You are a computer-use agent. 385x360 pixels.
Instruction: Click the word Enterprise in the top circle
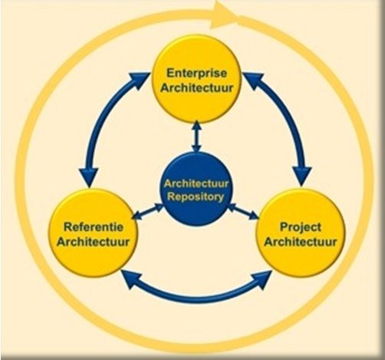point(197,74)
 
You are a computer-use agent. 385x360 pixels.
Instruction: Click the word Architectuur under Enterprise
point(197,88)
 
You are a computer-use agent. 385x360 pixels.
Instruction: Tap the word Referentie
point(94,227)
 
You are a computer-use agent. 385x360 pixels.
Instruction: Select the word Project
point(301,227)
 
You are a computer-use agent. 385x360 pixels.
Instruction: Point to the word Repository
point(196,197)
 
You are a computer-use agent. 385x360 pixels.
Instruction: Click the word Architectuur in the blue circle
point(196,183)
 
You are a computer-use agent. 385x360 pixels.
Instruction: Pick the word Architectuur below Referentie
point(93,242)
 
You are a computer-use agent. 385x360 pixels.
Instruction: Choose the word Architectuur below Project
point(301,242)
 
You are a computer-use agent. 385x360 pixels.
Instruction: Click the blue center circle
point(196,190)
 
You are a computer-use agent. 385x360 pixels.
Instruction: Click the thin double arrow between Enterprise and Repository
point(196,137)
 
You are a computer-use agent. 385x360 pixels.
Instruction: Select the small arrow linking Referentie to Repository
point(147,211)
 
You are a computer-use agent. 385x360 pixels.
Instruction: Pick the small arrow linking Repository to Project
point(243,212)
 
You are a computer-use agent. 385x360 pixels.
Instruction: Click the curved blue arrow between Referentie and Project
point(196,297)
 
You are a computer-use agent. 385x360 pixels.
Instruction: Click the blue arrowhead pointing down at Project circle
point(302,176)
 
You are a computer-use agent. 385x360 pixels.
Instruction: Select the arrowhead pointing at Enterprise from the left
point(140,80)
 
